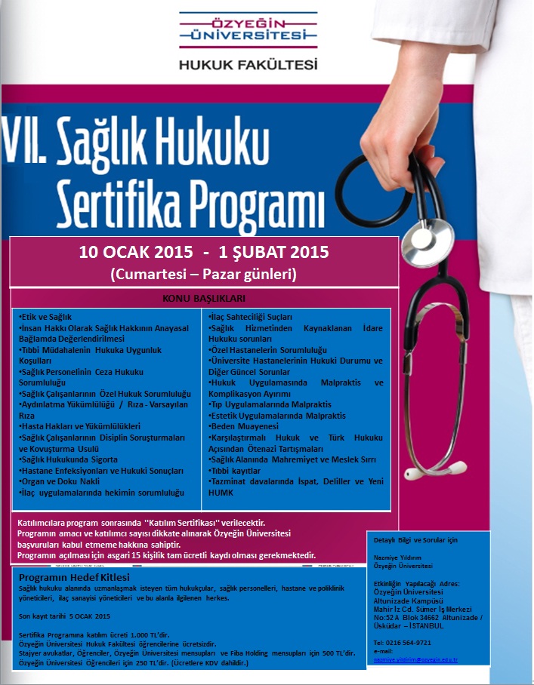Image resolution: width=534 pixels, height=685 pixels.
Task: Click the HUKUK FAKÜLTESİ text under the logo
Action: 248,65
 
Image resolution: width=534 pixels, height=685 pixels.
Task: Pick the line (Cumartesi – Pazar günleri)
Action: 203,275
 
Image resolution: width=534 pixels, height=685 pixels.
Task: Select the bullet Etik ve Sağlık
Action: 56,317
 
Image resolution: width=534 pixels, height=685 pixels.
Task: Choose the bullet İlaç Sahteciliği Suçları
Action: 250,318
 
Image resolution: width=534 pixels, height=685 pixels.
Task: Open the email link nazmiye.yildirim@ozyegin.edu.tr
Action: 416,659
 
